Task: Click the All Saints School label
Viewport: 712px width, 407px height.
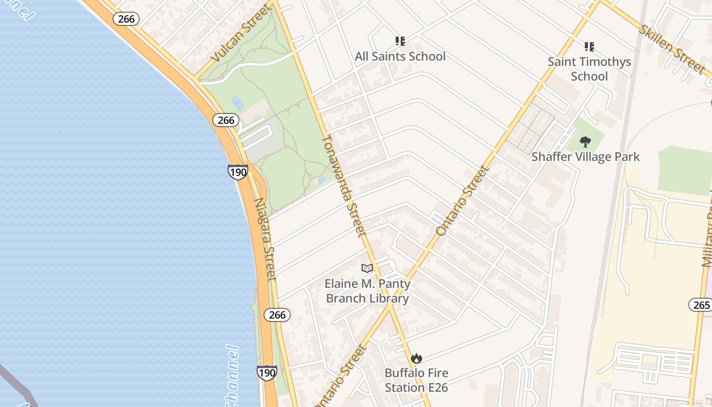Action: [400, 56]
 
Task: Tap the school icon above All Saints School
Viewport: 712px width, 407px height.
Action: [400, 41]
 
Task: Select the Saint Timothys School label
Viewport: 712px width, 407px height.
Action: [589, 69]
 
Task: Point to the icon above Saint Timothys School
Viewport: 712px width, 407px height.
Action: [589, 47]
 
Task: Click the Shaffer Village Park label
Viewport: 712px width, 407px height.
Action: [585, 157]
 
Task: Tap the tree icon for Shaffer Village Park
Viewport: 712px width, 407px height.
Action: [585, 141]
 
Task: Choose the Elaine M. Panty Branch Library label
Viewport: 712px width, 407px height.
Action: [367, 290]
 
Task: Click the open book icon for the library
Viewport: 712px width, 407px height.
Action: [367, 268]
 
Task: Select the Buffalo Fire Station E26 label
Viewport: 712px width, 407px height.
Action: [416, 380]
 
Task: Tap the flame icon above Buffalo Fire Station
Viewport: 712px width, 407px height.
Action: [417, 358]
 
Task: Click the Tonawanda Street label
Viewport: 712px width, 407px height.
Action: [344, 186]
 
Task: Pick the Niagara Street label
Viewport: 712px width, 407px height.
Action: [265, 239]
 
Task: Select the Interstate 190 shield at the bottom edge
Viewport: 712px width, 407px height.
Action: [266, 373]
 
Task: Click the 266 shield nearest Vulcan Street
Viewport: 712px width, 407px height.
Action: [126, 19]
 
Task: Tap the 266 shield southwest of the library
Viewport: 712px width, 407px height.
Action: [277, 315]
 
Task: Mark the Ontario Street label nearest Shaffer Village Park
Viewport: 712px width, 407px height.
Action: [462, 200]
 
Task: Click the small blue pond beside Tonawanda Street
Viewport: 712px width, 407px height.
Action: [321, 180]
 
